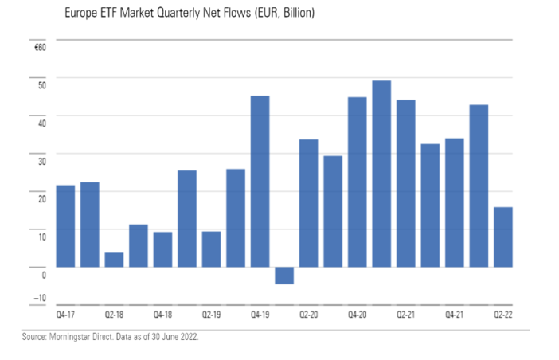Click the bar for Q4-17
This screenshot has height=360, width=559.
(65, 226)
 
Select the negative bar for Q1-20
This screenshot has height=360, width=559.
(284, 275)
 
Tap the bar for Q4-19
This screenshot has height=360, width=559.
(260, 182)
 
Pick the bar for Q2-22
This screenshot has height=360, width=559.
(502, 237)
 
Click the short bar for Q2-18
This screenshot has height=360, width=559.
(114, 260)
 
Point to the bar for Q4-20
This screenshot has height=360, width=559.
(357, 182)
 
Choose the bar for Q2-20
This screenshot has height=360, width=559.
(308, 203)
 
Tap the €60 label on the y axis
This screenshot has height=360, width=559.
(41, 48)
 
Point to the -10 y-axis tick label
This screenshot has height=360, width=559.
(41, 299)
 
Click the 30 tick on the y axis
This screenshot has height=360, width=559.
(42, 160)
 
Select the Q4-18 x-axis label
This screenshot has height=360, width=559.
(162, 315)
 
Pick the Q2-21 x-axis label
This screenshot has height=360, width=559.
(405, 315)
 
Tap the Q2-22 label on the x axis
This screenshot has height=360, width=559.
(502, 315)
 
